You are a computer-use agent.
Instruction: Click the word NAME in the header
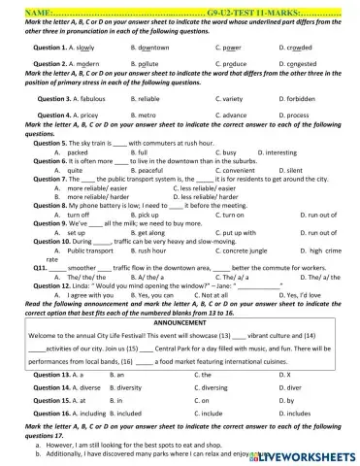click(x=18, y=6)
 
